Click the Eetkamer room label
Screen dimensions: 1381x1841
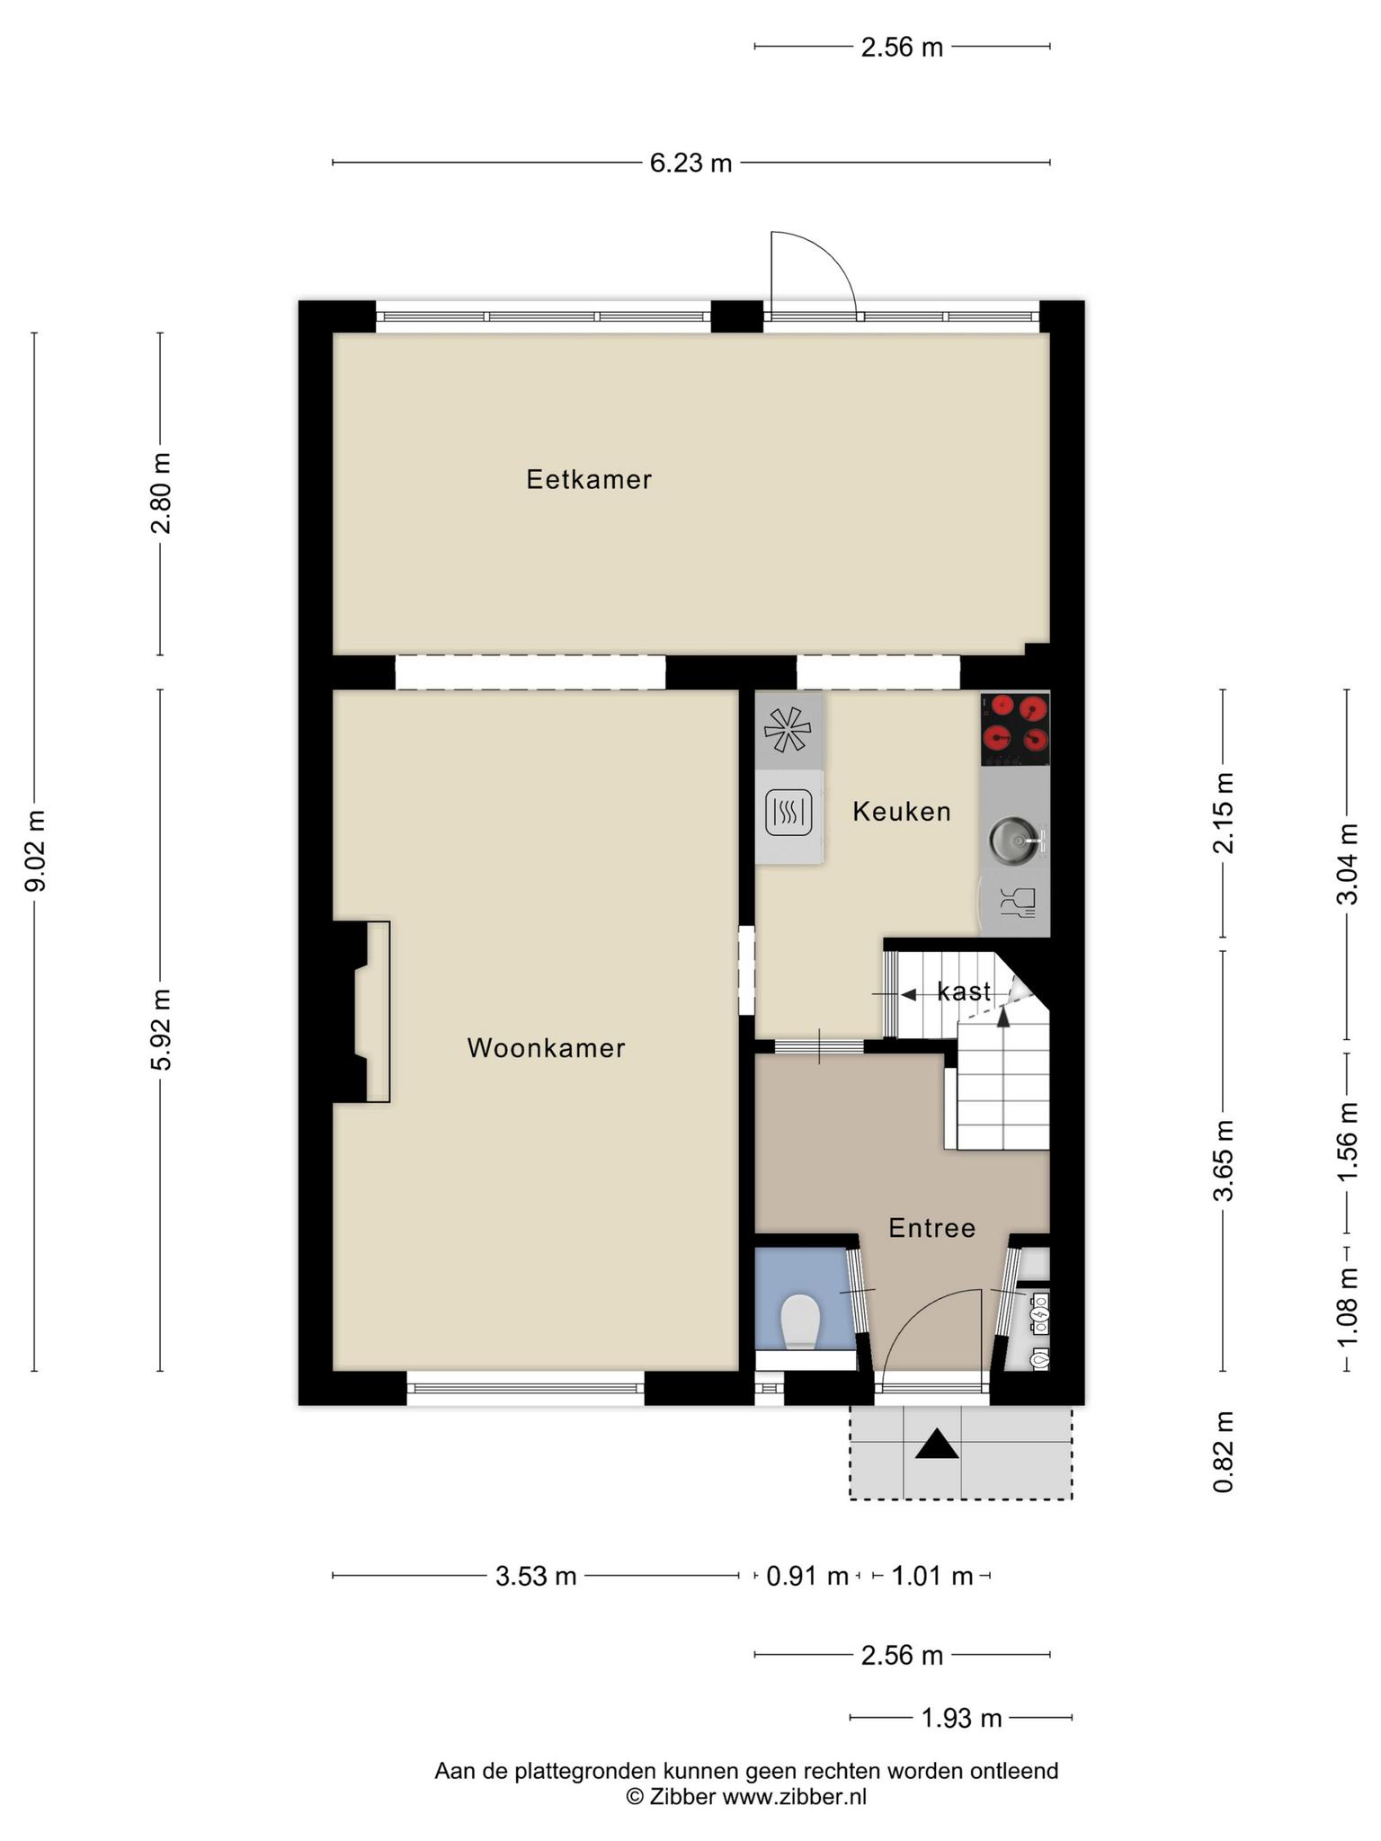pos(589,479)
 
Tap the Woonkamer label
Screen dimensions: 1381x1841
pos(546,1047)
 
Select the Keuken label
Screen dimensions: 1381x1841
pos(901,812)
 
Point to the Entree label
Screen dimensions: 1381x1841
pos(931,1228)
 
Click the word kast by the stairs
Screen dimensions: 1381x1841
pos(964,992)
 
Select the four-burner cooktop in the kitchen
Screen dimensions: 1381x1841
pos(1015,729)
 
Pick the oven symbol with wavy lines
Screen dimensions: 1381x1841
pos(789,813)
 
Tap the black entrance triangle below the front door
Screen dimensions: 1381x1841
pos(938,1445)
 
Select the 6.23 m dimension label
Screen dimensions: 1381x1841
pos(690,163)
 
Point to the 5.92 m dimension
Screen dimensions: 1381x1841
pos(161,1030)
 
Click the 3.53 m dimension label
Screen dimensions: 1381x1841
pos(536,1576)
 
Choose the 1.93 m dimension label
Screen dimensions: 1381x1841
pos(961,1718)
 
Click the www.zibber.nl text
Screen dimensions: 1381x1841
pos(795,1797)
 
